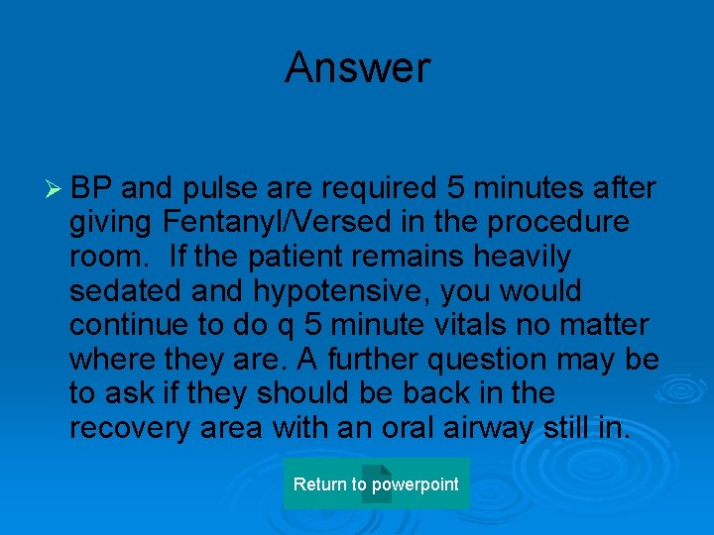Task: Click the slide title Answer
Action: pyautogui.click(x=357, y=68)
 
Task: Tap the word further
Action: pyautogui.click(x=352, y=359)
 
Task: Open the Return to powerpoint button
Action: pyautogui.click(x=376, y=484)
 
